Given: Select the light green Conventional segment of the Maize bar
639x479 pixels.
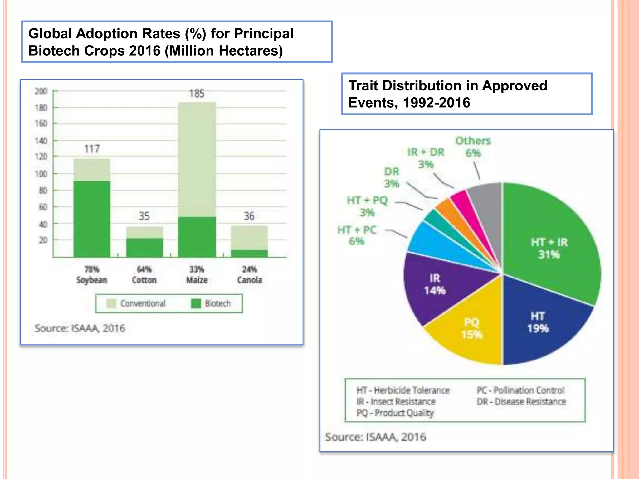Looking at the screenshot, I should [x=197, y=159].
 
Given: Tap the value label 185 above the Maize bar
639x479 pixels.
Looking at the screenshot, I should [x=197, y=94].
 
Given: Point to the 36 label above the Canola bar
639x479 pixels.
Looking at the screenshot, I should [x=249, y=216].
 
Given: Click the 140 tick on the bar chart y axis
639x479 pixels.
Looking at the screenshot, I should [x=41, y=141].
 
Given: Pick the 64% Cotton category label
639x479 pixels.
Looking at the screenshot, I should [x=144, y=275].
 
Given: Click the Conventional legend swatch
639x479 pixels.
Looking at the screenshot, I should [x=111, y=303].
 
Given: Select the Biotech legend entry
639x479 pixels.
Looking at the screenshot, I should [x=211, y=303].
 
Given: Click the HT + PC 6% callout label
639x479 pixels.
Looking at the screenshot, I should [x=357, y=235].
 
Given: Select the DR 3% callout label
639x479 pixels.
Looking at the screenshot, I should [x=392, y=177].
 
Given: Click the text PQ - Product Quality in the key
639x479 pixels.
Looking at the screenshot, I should [x=395, y=413].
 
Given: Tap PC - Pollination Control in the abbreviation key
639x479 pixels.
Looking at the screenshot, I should [x=520, y=390].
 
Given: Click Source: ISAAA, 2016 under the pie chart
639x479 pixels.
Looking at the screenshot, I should [x=375, y=437].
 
